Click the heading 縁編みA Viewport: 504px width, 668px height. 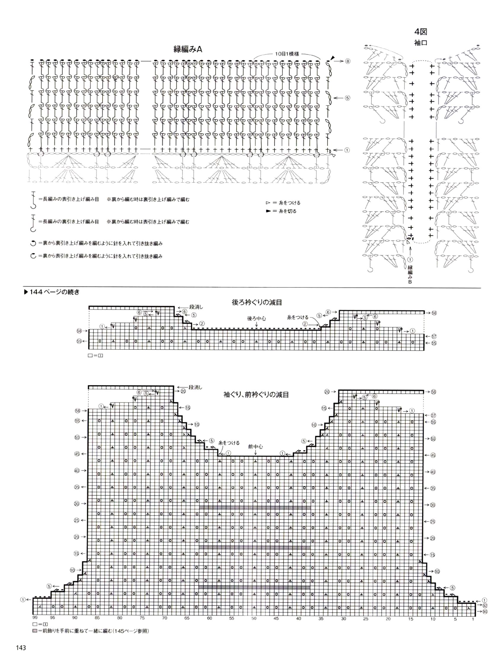tap(187, 50)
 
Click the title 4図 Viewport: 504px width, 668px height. tap(421, 32)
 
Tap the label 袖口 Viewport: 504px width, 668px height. tap(421, 43)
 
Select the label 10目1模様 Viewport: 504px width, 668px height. tap(287, 54)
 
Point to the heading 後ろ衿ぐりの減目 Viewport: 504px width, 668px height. tap(257, 302)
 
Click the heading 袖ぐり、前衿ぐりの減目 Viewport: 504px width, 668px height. tap(256, 395)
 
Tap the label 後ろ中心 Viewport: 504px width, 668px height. tap(256, 318)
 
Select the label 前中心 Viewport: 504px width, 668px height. tap(256, 446)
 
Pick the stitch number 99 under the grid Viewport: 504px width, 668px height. tap(35, 618)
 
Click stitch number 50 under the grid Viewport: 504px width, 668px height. tap(254, 618)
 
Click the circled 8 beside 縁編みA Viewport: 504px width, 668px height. tap(348, 61)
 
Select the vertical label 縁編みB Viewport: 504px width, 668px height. tap(410, 273)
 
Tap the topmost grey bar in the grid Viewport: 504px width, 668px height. tap(255, 508)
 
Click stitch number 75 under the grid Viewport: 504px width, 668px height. tap(142, 618)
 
